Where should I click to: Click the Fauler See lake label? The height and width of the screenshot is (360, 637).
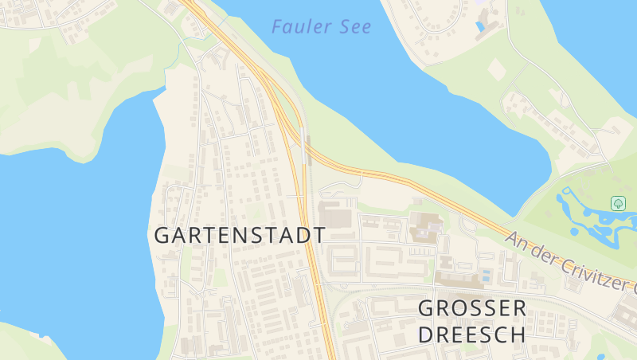coord(321,26)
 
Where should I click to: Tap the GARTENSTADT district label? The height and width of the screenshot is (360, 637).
coord(240,235)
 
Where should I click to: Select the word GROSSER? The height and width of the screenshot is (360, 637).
coord(472,307)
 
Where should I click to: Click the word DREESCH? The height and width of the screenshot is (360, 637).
coord(472,334)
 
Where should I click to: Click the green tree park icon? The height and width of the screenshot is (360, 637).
coord(617,203)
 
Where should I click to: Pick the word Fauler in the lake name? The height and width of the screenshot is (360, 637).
coord(301,26)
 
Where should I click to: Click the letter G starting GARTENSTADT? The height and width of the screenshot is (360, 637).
coord(162,236)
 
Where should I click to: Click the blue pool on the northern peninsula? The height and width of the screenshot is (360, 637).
coord(479,26)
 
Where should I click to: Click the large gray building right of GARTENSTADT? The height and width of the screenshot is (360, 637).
coord(335,213)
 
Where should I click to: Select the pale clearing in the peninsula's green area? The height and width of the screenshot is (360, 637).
coord(496,69)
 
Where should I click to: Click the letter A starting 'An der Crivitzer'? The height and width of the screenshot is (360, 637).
coord(514,238)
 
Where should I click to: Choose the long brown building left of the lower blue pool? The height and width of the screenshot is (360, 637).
coord(457,280)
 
